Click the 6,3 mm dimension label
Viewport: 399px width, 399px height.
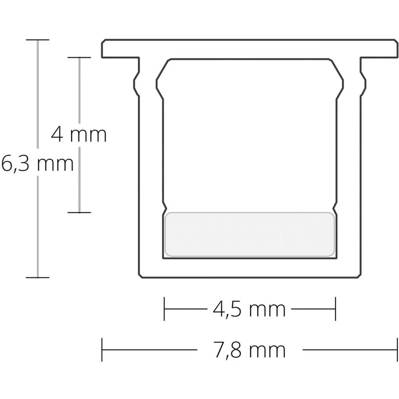point(37,164)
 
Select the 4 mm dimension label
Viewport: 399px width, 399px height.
point(79,135)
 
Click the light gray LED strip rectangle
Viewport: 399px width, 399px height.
point(250,234)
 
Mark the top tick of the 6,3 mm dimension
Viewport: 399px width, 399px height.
point(38,40)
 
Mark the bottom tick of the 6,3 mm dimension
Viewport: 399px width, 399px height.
point(38,277)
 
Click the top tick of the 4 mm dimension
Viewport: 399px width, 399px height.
point(79,57)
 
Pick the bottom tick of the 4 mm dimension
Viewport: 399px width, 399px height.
point(79,212)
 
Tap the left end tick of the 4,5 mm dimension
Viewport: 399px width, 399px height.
point(164,309)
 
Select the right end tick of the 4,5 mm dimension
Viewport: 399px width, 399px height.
point(335,309)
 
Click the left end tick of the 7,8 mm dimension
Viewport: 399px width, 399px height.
point(102,350)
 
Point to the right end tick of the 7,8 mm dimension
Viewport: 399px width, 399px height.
point(397,350)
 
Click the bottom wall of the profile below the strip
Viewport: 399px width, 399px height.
point(250,268)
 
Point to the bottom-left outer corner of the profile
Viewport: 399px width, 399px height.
point(140,276)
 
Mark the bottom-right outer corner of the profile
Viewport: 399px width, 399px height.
point(359,276)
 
